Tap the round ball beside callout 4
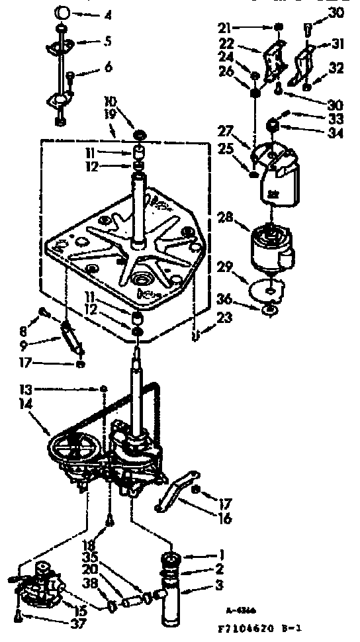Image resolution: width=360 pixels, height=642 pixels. click(61, 13)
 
